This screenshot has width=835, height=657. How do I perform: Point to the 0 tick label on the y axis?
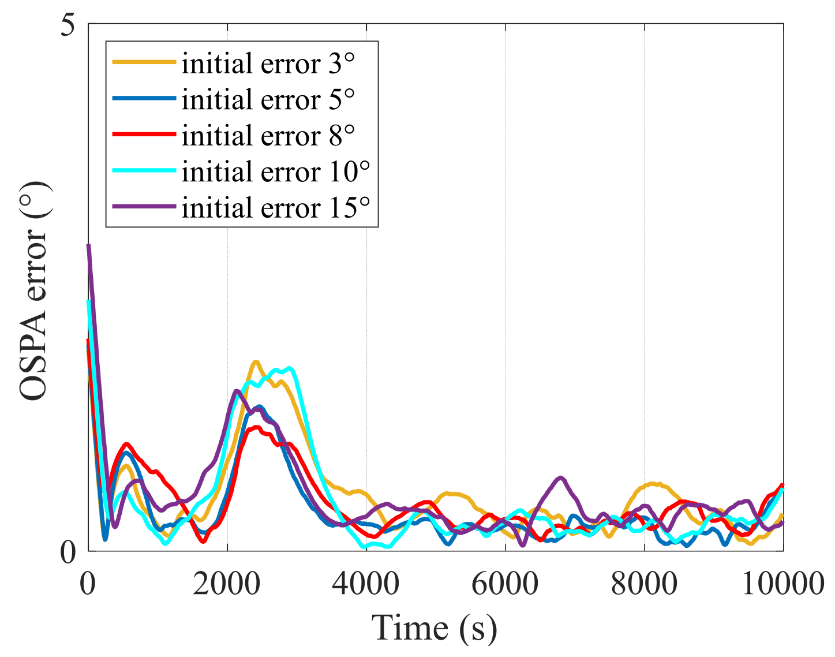tap(68, 553)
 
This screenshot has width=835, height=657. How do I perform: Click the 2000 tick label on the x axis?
tap(226, 584)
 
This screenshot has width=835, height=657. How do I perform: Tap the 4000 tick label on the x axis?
tap(366, 584)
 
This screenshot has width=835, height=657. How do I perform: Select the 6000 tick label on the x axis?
tap(505, 584)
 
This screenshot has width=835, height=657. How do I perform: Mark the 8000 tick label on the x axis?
tap(644, 584)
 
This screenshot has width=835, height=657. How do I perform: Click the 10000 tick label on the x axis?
tap(782, 584)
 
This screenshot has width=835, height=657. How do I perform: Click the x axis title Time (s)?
tap(434, 628)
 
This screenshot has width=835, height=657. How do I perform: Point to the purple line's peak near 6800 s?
tap(560, 478)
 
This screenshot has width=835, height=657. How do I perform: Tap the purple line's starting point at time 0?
tap(88, 246)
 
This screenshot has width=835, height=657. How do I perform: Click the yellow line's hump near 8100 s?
tap(653, 484)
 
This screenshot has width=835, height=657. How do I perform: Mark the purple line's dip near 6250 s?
tap(523, 545)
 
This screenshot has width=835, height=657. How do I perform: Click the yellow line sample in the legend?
tap(144, 62)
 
